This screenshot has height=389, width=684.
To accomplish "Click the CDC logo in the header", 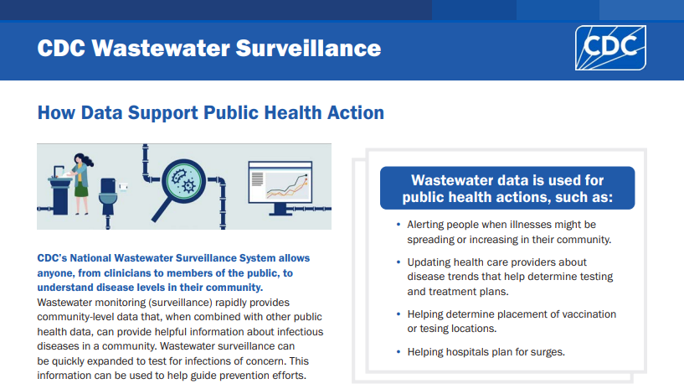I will point(609,48).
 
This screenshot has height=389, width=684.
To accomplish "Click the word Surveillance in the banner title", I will point(304,48).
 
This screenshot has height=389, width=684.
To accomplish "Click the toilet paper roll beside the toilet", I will point(126,184).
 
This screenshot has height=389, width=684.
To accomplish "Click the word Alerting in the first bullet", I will point(428,225).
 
